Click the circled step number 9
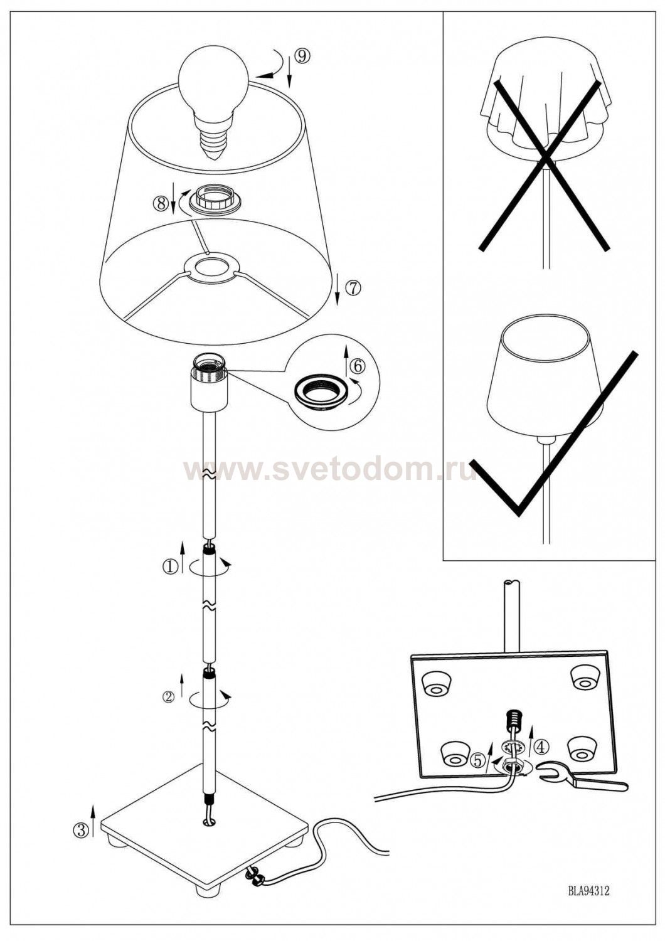tap(302, 56)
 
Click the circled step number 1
tap(170, 567)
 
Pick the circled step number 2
tap(168, 697)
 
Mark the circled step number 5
tap(477, 758)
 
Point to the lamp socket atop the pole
tap(209, 382)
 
